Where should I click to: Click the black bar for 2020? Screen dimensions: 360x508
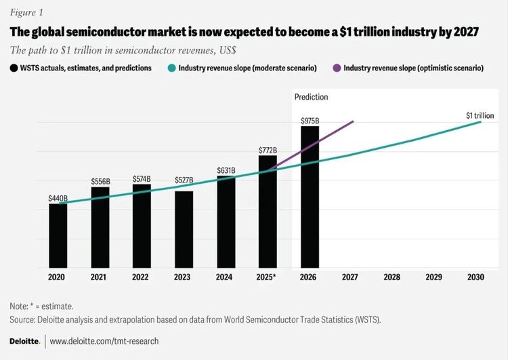pos(58,236)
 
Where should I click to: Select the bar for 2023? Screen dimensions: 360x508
pos(184,230)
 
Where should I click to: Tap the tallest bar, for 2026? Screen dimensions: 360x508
pos(310,197)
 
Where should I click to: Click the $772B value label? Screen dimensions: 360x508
pos(268,149)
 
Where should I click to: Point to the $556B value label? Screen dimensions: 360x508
pos(100,181)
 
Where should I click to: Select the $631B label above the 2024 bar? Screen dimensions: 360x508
pos(226,170)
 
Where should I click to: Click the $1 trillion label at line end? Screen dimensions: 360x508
pos(480,116)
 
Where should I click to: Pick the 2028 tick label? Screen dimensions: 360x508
pos(392,278)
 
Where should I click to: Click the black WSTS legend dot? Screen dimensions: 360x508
pos(14,68)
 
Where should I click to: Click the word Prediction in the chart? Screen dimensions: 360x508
pos(311,97)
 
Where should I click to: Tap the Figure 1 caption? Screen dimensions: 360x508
pos(26,12)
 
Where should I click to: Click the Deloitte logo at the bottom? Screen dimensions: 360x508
pos(24,341)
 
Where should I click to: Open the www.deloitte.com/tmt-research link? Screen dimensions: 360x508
pos(104,341)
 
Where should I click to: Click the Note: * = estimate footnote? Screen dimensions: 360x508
pos(41,306)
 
